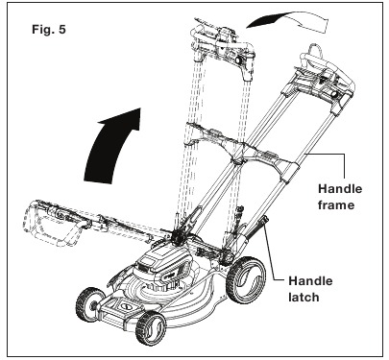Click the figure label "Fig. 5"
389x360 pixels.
click(49, 30)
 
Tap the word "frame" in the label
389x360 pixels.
click(336, 204)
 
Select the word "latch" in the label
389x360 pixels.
click(304, 298)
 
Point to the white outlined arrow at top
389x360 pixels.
click(288, 22)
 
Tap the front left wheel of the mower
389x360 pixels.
click(88, 304)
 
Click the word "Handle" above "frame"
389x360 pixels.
click(340, 188)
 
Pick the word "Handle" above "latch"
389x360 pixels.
click(310, 281)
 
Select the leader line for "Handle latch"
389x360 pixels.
click(272, 256)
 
